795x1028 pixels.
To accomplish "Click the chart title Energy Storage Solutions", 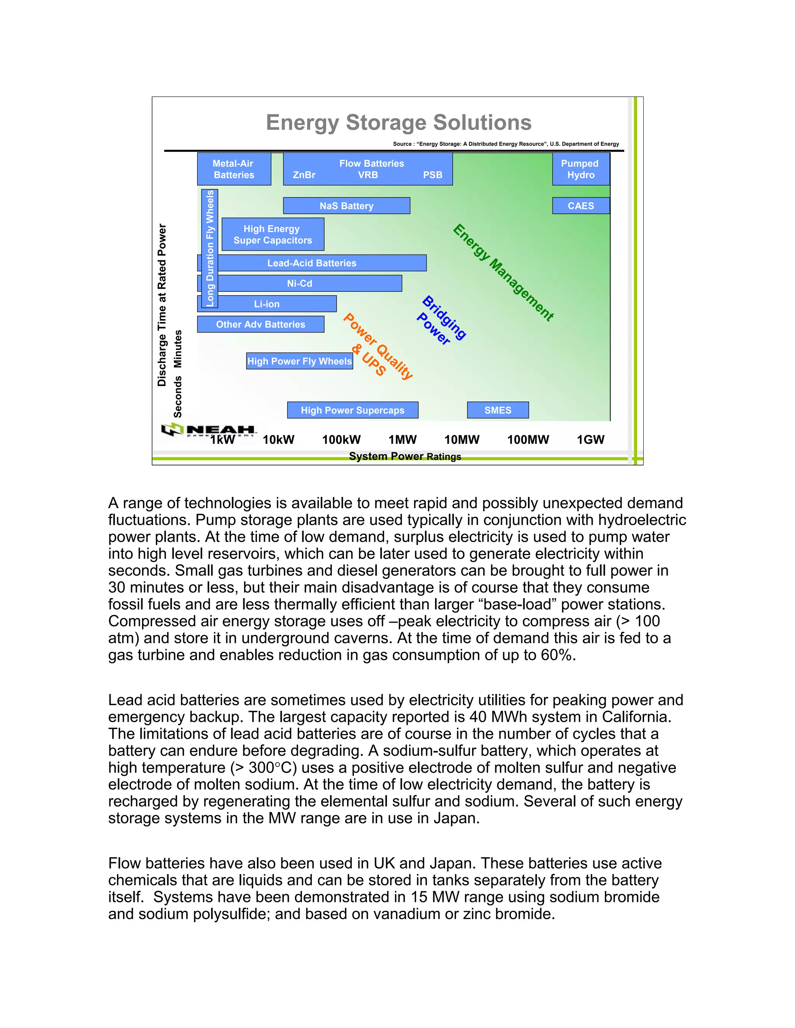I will (398, 122).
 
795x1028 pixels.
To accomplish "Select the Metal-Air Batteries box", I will (234, 169).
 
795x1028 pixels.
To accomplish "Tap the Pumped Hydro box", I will (580, 169).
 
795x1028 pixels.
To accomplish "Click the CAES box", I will (580, 206).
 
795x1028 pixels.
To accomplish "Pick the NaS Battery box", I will (346, 206).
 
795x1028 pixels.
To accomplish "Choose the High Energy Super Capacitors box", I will (272, 234).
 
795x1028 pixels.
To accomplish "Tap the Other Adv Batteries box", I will (260, 324).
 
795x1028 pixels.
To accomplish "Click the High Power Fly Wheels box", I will (300, 361).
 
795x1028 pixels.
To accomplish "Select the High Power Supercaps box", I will (352, 410).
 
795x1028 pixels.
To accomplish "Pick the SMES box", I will (497, 410).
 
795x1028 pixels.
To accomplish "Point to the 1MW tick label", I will (402, 440).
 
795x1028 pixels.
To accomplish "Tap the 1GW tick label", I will (590, 440).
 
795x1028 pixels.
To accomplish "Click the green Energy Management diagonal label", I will (503, 273).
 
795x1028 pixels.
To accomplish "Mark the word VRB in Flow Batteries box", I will (368, 175).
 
